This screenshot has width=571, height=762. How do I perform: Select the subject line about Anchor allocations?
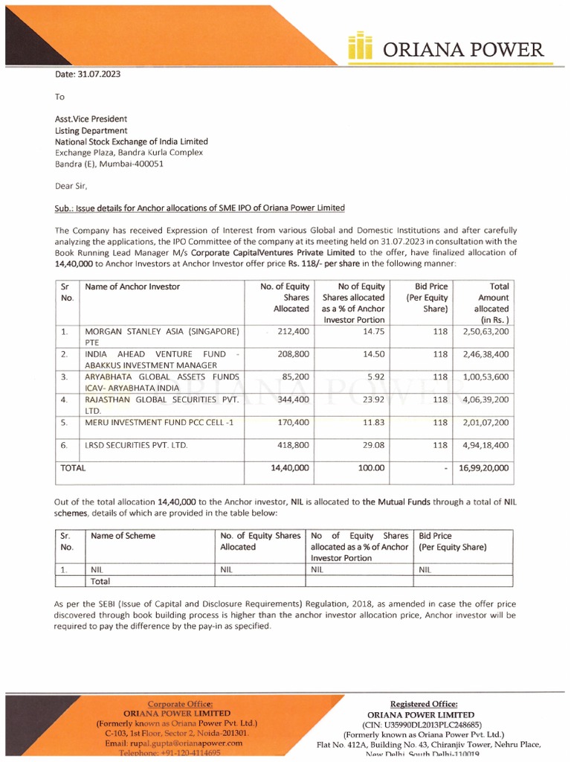pyautogui.click(x=200, y=208)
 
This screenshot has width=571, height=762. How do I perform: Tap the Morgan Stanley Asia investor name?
pyautogui.click(x=161, y=330)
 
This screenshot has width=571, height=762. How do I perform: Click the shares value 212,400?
pyautogui.click(x=291, y=330)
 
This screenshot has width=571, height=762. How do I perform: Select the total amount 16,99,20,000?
pyautogui.click(x=481, y=468)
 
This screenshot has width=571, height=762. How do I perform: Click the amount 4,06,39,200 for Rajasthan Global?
pyautogui.click(x=481, y=400)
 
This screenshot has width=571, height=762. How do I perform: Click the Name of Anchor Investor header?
pyautogui.click(x=132, y=286)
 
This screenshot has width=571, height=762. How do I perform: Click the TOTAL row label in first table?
pyautogui.click(x=73, y=468)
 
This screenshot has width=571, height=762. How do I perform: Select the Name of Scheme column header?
pyautogui.click(x=123, y=536)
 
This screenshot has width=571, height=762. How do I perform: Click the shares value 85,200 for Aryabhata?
pyautogui.click(x=294, y=377)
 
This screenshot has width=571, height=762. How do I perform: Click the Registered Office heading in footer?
pyautogui.click(x=424, y=704)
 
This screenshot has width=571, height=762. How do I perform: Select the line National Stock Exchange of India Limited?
pyautogui.click(x=132, y=141)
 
